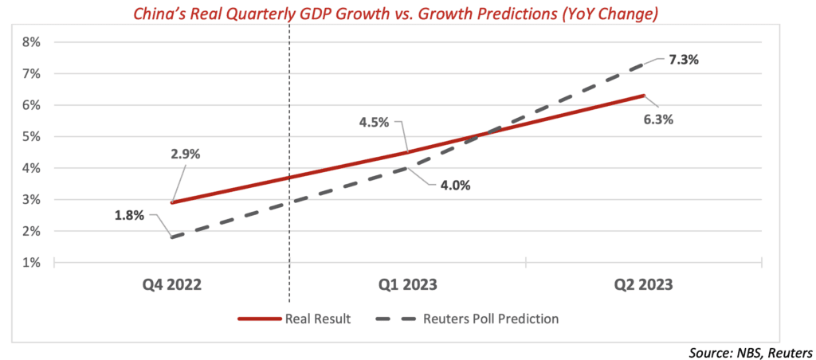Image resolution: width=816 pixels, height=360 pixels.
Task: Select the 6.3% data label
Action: point(659,121)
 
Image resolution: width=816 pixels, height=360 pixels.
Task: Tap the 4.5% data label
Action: point(374,122)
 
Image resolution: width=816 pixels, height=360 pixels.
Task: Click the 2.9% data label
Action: point(184,154)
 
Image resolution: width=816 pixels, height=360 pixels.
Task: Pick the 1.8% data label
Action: point(129,215)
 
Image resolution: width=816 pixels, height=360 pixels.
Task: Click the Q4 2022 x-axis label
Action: point(171,284)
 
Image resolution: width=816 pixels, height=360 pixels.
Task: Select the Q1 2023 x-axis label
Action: point(407,284)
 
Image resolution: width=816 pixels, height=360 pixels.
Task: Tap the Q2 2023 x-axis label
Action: point(644,284)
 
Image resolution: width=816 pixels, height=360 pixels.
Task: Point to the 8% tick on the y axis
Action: point(31,42)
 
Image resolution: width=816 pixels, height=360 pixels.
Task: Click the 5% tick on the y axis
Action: point(31,136)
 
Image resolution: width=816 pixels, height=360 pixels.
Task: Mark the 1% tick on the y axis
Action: point(31,262)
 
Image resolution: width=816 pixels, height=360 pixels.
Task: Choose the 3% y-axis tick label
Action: point(31,199)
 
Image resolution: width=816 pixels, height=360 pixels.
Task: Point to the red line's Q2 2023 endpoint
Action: point(644,96)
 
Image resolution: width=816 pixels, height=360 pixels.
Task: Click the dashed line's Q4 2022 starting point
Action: point(171,237)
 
